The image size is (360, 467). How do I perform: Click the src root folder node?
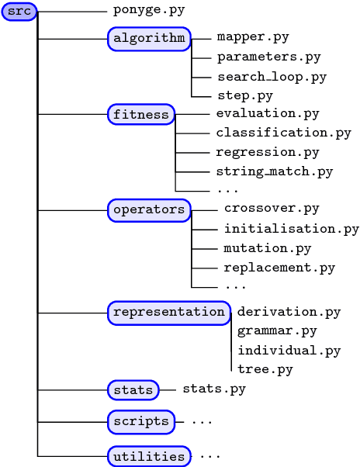coord(19,12)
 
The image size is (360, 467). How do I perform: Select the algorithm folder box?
coord(149,38)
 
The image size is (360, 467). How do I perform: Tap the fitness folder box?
coord(141,115)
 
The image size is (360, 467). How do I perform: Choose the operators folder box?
coord(149,209)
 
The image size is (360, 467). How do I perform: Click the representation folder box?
coord(168,312)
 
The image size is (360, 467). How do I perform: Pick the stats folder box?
coord(133,389)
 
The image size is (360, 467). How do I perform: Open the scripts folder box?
coord(140,422)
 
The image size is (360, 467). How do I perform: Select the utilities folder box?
coord(149,456)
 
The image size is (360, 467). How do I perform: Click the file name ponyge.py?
coord(149,11)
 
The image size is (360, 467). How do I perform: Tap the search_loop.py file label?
coord(272,77)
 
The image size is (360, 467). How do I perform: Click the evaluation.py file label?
coord(268,114)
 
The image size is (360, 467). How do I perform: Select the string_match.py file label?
coord(274,171)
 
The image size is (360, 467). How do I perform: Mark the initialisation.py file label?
coord(291,229)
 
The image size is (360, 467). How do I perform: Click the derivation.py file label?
coord(289,312)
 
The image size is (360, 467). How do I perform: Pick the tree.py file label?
coord(265,369)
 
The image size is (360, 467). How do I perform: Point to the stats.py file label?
coord(213,389)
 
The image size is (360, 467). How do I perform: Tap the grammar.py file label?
coord(277,331)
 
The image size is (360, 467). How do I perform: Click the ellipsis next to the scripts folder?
coord(202,422)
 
